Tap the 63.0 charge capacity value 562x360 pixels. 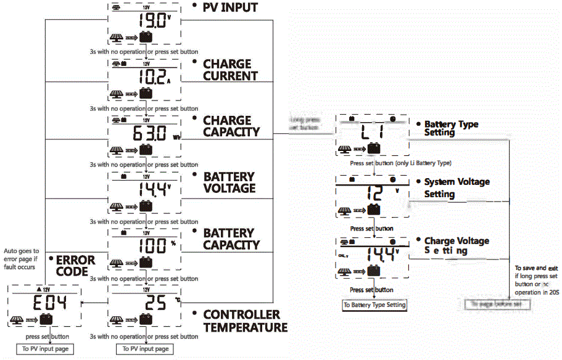(149, 133)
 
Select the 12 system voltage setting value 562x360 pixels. (374, 194)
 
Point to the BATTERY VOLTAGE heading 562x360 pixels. (229, 182)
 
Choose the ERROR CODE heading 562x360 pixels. (76, 266)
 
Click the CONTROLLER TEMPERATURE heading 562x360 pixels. (245, 321)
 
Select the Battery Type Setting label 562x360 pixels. (451, 128)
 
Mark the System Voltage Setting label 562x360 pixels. (457, 188)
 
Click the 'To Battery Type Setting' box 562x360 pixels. (374, 305)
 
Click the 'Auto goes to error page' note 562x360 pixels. (21, 259)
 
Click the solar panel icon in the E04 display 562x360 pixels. (18, 319)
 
